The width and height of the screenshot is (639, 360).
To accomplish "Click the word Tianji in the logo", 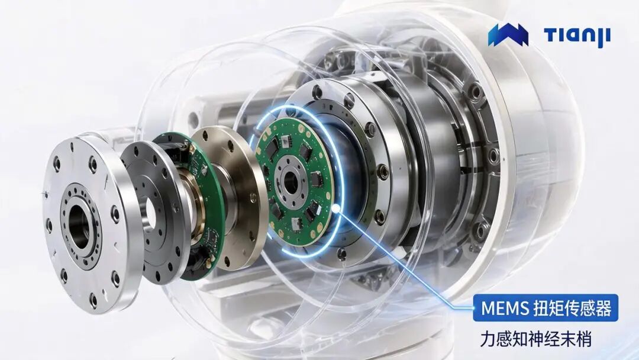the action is tap(577, 36).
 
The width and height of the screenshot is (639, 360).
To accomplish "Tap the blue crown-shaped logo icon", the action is tap(508, 35).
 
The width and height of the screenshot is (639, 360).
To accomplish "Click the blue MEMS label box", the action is tap(546, 308).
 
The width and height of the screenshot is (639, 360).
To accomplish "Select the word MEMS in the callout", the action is tap(505, 308).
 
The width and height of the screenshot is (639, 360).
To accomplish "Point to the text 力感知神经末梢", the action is tap(535, 339).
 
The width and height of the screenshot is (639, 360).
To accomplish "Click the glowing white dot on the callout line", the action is tap(336, 209).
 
